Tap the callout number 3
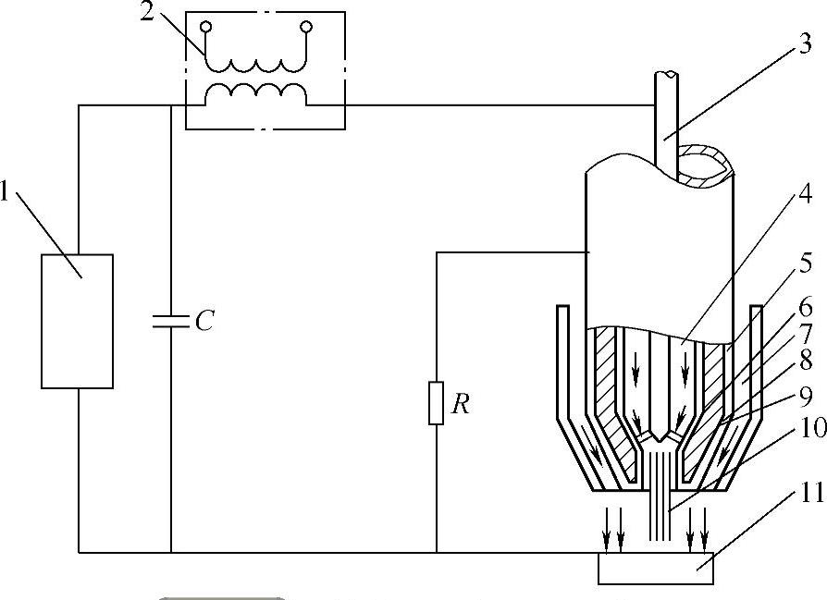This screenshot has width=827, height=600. point(806,43)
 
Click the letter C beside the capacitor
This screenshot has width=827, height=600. point(205,321)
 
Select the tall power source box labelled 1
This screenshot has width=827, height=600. point(78,320)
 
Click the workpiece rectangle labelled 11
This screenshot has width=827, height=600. point(656,569)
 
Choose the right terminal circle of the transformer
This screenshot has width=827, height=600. point(304,28)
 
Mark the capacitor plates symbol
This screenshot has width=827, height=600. point(171,321)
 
